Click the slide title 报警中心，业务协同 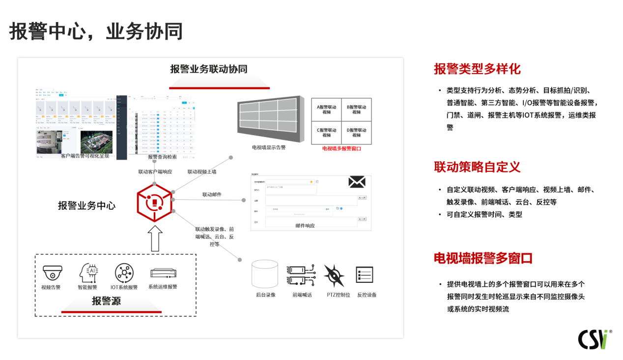[x=96, y=31]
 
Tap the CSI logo [x=593, y=339]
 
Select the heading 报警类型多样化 [x=477, y=69]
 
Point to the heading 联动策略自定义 [x=477, y=167]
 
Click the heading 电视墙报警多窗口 [x=483, y=258]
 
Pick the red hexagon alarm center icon [x=155, y=202]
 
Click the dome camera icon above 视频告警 [x=52, y=273]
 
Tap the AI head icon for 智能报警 [x=89, y=272]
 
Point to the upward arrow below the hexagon [x=155, y=238]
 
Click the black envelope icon [x=357, y=182]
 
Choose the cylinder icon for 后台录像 [x=265, y=274]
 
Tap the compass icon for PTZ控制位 [x=334, y=276]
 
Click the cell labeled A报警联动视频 [x=327, y=110]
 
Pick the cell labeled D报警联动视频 [x=356, y=133]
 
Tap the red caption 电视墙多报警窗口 [x=341, y=148]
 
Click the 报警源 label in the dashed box [x=107, y=301]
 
